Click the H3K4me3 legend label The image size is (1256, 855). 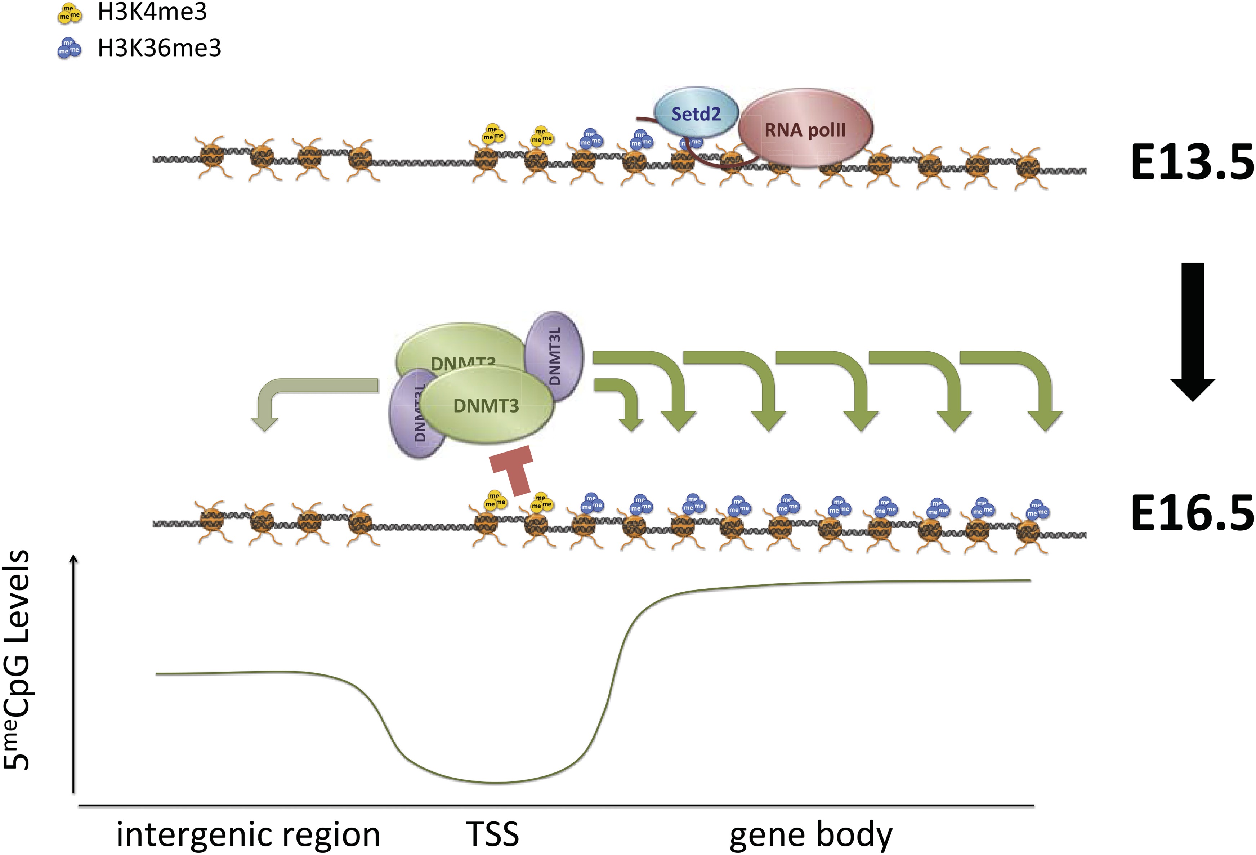coord(152,12)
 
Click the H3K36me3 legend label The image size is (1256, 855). coord(160,48)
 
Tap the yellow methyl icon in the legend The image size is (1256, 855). coord(69,14)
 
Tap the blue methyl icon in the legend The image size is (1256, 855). coord(69,48)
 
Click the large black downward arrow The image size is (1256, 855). coord(1192,330)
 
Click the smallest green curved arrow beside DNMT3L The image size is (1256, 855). coord(621,400)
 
